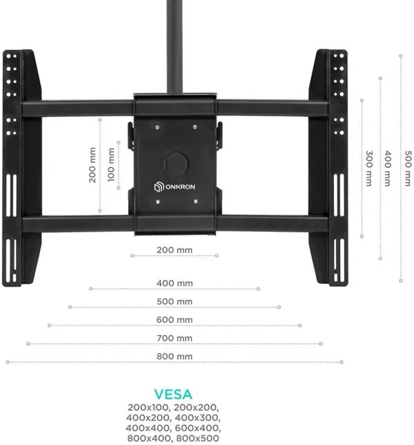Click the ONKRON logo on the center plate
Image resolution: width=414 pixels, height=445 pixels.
[175, 187]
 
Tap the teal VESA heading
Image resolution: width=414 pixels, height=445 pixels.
[173, 394]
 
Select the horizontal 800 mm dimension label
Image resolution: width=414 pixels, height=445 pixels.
[175, 356]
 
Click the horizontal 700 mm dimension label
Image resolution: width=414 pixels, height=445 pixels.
[175, 338]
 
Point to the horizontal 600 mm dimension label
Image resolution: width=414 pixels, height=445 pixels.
[175, 319]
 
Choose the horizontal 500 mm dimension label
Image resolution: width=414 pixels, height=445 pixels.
[175, 301]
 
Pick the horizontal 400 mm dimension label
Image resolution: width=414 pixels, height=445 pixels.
[175, 283]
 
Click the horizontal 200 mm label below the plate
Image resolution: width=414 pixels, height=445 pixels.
[175, 250]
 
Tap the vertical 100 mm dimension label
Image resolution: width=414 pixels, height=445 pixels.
[111, 165]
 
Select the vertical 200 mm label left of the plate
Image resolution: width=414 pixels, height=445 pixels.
[92, 165]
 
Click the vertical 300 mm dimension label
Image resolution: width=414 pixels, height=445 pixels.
[368, 169]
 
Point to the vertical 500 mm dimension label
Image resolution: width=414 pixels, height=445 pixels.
[408, 169]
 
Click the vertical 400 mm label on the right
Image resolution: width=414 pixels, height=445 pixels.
[388, 169]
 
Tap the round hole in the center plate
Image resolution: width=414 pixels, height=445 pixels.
[177, 164]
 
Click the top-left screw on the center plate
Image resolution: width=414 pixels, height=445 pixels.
[157, 127]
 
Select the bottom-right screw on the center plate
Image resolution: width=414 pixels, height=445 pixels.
[195, 202]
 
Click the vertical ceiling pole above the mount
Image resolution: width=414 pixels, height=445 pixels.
[175, 46]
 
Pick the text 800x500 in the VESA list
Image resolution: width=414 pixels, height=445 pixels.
[197, 438]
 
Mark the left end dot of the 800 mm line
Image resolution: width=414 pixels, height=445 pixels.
[8, 362]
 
